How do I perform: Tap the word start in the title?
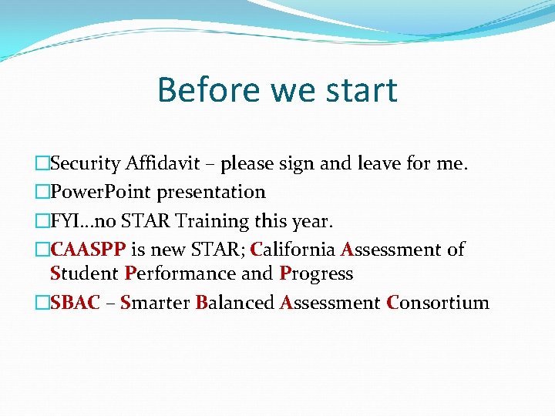(361, 90)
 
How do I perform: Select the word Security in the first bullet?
(85, 164)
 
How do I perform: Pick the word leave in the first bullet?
(375, 164)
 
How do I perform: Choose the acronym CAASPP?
(87, 250)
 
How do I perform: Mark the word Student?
(83, 273)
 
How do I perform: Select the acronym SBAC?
(75, 303)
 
